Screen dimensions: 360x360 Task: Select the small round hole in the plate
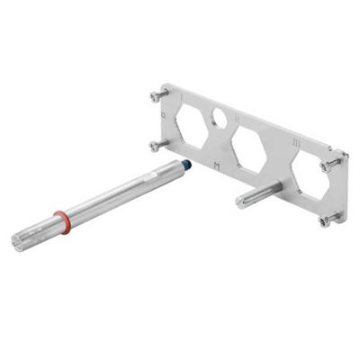(x=218, y=116)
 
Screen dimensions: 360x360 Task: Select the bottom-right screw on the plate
(x=329, y=217)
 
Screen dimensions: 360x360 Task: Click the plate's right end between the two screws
(x=334, y=190)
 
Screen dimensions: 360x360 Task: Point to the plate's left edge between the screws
(x=161, y=119)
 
